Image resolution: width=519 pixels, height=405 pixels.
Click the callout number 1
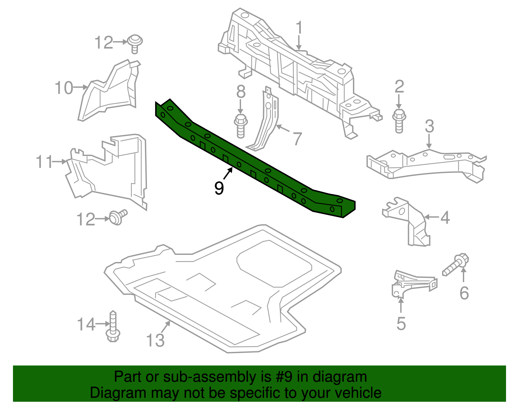[x=299, y=28]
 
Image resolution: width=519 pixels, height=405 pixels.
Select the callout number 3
[x=429, y=126]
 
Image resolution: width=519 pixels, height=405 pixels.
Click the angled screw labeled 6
[x=456, y=264]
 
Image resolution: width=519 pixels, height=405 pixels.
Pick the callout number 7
[x=297, y=138]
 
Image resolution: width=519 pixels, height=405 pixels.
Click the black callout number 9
[x=219, y=188]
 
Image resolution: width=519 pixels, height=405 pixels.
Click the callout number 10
[x=64, y=88]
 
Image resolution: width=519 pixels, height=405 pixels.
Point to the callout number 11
[x=44, y=162]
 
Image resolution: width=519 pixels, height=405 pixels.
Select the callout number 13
[x=155, y=340]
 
